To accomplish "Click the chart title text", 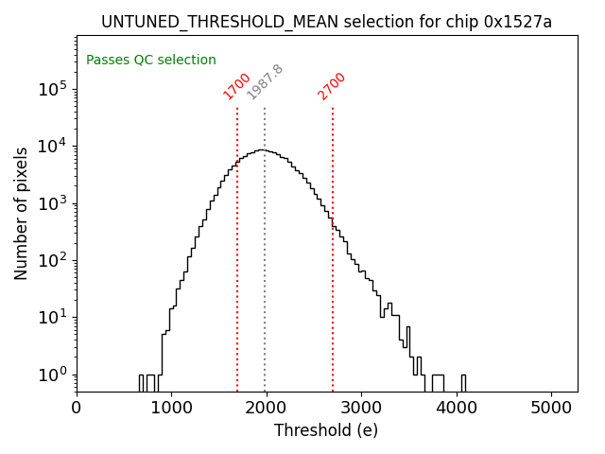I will coord(326,22).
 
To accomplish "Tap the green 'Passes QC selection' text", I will coord(151,61).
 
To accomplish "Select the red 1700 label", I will coord(236,86).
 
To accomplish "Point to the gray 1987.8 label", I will coord(265,82).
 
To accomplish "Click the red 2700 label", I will coord(332,86).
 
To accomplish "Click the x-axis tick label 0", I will coord(77,408).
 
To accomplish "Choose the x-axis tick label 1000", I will coord(172,408).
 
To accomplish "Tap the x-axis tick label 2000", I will coord(267,408).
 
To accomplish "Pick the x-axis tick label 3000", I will coord(362,408).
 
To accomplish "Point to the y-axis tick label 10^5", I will coord(52,89).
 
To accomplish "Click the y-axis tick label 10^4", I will coord(52,146).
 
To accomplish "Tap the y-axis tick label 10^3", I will coord(52,203).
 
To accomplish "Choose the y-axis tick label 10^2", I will coord(52,260).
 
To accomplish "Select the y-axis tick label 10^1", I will coord(52,317).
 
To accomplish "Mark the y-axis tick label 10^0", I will coord(52,375).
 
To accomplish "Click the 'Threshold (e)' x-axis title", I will coord(326,430).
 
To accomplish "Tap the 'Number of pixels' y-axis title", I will coord(22,213).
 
